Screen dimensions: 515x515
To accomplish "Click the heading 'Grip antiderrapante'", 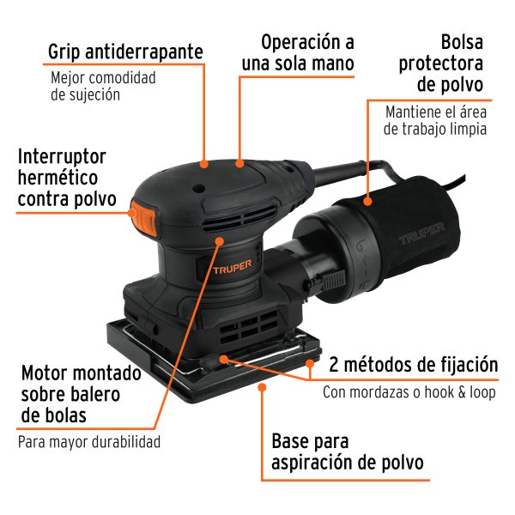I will [x=125, y=51].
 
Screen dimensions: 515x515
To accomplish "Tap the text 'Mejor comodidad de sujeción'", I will [x=103, y=87].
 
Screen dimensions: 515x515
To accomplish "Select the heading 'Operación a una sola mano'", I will [x=308, y=51].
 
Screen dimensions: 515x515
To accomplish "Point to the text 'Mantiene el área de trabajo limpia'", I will [x=436, y=121].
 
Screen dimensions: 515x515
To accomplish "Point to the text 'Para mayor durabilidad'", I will [x=89, y=443].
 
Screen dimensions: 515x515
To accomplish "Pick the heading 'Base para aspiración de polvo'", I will [x=348, y=451].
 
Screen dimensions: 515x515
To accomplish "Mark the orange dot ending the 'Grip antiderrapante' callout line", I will [x=204, y=161].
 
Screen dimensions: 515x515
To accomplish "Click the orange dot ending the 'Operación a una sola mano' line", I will [x=240, y=161].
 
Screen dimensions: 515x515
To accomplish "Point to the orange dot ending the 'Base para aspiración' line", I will [x=262, y=387].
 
